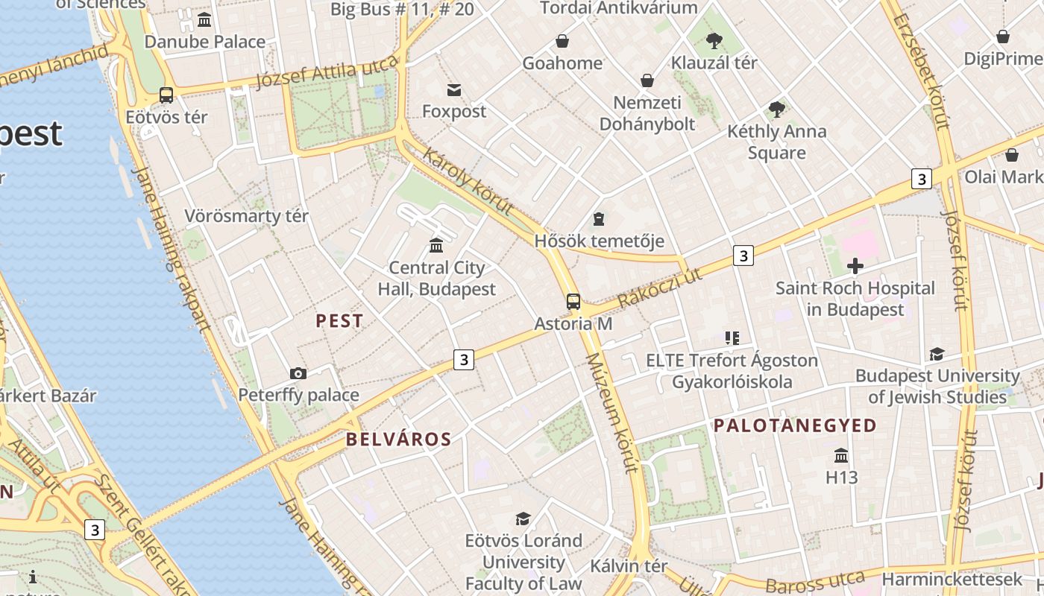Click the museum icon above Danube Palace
point(204,19)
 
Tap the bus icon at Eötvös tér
point(166,95)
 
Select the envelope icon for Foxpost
point(453,90)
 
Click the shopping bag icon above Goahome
point(562,41)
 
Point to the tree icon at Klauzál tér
point(714,40)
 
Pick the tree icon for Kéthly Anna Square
point(777,110)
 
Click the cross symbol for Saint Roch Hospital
point(855,266)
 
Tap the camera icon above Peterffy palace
point(298,373)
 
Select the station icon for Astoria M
point(573,302)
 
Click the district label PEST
point(339,321)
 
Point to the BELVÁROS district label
point(398,440)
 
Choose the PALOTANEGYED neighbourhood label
point(795,425)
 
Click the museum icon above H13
point(841,455)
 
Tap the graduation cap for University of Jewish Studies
point(937,354)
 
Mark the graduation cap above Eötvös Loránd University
point(523,519)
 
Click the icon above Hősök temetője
point(598,219)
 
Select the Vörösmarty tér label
point(246,217)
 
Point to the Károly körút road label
point(468,181)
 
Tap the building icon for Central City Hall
point(436,245)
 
